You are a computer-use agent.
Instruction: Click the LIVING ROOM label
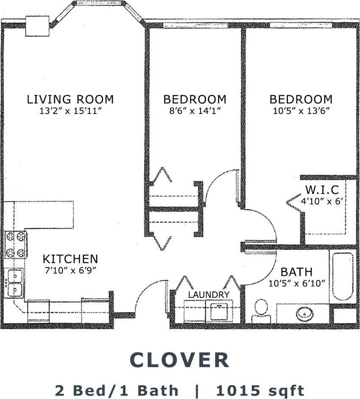pos(70,99)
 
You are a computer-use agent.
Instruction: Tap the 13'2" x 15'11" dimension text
pos(70,111)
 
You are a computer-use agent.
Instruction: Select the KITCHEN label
pos(70,259)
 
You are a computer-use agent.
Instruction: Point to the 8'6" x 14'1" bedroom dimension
pos(195,111)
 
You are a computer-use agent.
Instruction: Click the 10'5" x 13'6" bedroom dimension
pos(301,111)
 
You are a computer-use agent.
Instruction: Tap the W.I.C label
pos(322,190)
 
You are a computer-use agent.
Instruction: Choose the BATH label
pos(296,272)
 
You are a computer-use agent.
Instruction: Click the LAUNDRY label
pos(209,294)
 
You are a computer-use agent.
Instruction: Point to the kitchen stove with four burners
pos(16,244)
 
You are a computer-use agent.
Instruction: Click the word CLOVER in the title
pos(180,360)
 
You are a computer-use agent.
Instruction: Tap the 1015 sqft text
pos(260,390)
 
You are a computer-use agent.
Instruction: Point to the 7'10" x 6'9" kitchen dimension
pos(70,270)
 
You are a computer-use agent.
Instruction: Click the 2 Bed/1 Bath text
pos(117,390)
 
